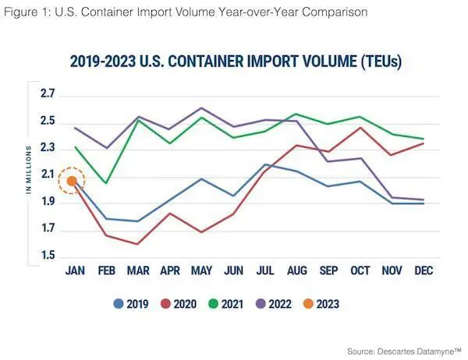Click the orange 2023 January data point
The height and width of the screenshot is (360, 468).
72,181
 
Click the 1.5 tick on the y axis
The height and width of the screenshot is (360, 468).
48,256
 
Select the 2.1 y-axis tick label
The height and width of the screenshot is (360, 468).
48,175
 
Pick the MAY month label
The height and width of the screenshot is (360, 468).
201,271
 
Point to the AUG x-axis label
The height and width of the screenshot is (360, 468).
296,271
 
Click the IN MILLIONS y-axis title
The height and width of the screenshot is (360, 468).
28,168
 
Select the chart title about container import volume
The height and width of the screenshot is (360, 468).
235,62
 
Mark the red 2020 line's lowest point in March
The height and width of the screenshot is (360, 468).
138,244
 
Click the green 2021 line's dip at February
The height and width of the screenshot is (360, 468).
105,183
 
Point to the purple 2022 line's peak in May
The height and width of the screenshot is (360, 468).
202,108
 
